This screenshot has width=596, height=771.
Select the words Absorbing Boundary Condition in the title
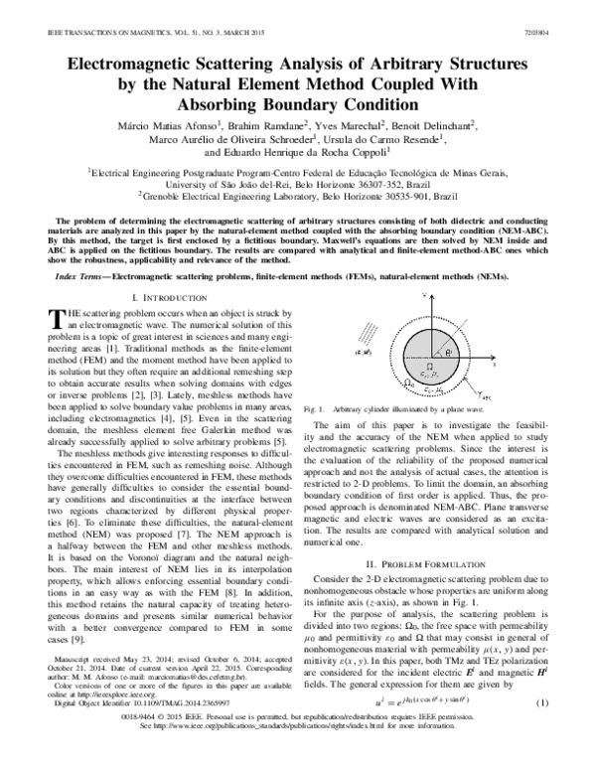(298, 102)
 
